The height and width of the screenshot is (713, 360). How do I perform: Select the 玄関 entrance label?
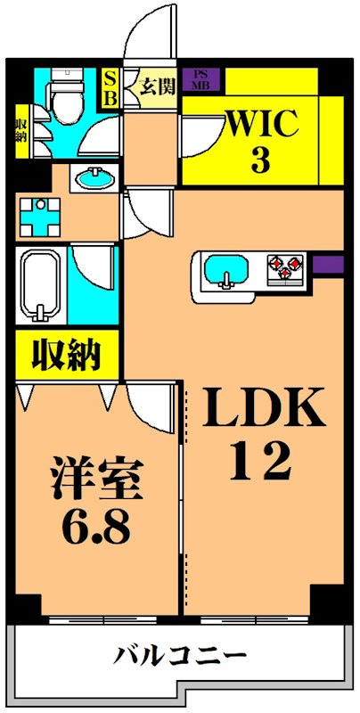click(158, 87)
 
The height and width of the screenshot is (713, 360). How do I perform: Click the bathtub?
click(40, 287)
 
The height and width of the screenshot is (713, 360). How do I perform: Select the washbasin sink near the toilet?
click(91, 178)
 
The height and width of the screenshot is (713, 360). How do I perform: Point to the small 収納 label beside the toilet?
click(20, 130)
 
